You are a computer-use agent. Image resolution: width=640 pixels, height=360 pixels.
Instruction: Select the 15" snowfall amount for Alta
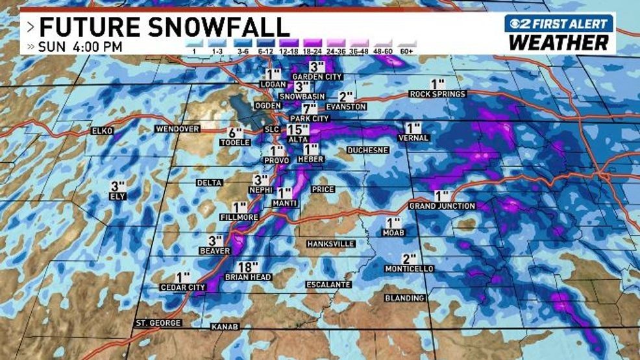click(298, 129)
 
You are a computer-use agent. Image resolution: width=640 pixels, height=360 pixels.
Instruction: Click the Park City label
click(310, 119)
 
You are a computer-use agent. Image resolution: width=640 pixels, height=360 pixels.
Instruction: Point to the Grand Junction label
click(442, 206)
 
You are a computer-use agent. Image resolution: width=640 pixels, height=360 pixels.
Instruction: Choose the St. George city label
click(158, 322)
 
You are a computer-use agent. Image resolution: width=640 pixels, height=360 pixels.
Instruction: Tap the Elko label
click(102, 131)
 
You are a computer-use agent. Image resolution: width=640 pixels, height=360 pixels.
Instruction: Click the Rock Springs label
click(437, 94)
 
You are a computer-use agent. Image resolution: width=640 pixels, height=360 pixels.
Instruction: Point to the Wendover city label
click(177, 129)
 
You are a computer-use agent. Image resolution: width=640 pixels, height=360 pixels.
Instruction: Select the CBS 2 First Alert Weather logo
click(559, 34)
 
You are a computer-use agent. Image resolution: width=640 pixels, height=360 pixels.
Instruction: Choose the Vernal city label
click(413, 138)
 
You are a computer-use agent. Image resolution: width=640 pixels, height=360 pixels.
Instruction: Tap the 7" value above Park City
click(310, 108)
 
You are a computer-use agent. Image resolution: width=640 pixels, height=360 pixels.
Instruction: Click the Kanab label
click(225, 326)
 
